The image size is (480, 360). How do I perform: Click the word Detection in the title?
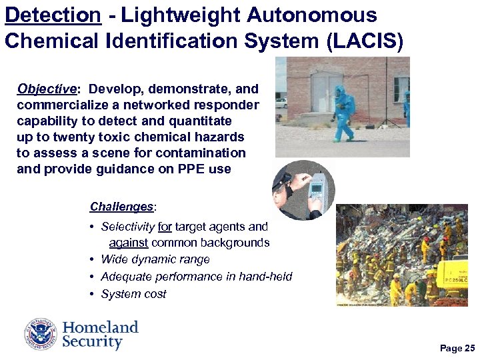tap(53, 15)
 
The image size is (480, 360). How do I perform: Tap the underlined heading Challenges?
tap(121, 207)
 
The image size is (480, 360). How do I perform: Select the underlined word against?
tap(129, 243)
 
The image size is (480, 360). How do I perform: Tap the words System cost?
tap(133, 294)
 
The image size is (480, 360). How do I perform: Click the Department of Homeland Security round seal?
tap(41, 334)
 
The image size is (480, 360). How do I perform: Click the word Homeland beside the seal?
tap(101, 327)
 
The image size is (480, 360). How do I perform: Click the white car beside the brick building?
tap(281, 103)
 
